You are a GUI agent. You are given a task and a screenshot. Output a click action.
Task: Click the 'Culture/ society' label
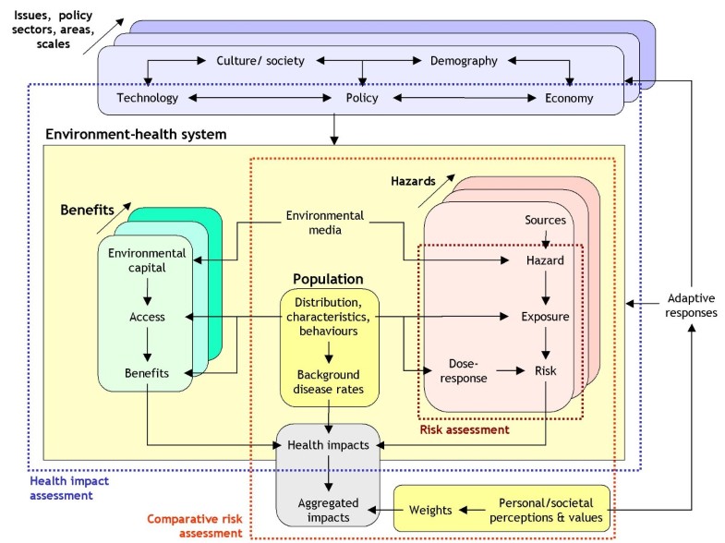(260, 61)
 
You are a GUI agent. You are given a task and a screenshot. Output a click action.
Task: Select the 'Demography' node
(464, 61)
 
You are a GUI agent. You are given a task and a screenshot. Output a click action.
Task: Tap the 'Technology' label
(147, 98)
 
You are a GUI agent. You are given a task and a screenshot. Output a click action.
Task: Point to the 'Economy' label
(569, 98)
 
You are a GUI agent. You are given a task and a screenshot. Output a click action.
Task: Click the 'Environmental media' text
(324, 223)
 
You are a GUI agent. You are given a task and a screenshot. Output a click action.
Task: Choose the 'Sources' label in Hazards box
(545, 220)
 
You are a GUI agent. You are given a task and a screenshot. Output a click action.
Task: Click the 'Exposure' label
(545, 317)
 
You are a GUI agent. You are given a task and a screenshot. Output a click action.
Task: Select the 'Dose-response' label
(461, 370)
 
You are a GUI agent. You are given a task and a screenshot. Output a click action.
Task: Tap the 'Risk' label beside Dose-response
(546, 370)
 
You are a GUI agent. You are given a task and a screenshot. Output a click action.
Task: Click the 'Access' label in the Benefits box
(148, 317)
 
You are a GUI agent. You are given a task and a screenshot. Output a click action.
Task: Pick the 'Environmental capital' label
(147, 260)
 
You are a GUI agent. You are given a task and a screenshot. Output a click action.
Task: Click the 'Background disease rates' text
(330, 381)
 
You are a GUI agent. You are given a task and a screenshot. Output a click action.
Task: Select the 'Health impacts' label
(329, 445)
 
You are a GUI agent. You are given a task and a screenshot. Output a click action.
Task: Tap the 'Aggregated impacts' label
(329, 510)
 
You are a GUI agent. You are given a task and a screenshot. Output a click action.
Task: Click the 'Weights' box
(430, 510)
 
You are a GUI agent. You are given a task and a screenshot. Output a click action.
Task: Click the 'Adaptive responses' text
(692, 306)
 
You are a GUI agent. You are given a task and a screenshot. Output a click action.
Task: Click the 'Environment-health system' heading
(136, 135)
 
